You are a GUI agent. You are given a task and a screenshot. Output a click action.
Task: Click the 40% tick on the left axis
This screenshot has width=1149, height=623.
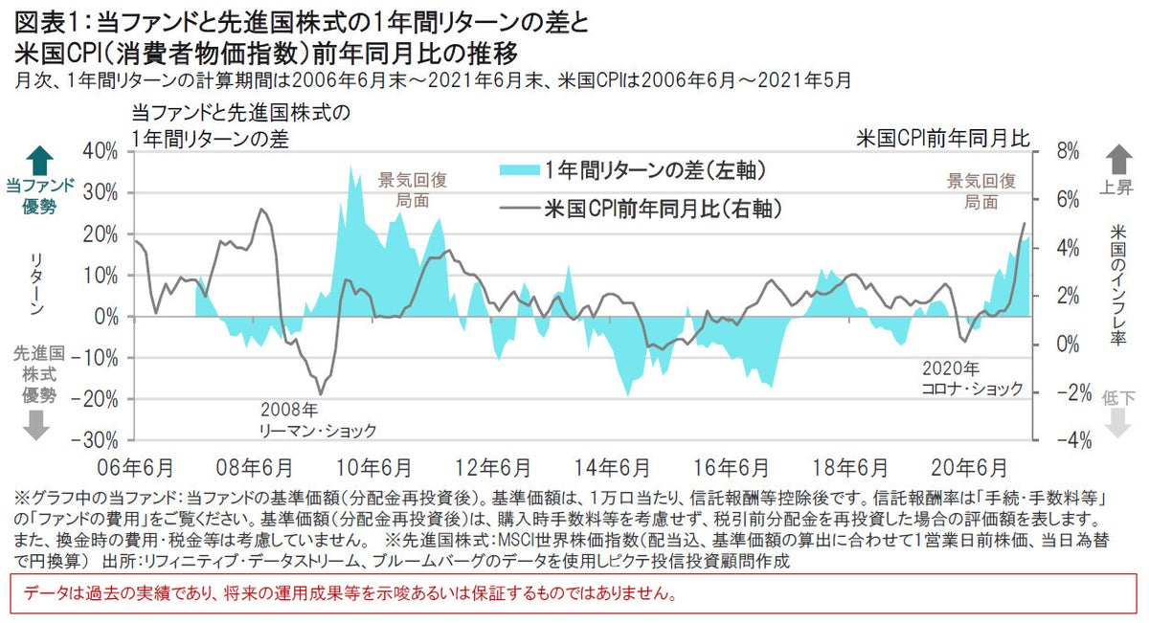(x=101, y=151)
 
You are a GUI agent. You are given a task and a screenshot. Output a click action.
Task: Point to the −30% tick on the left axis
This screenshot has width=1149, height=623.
(x=96, y=440)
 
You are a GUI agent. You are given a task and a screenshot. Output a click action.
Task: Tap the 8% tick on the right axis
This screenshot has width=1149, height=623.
(x=1068, y=151)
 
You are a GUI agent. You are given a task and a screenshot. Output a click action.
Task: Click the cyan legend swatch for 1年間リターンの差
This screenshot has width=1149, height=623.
(x=519, y=170)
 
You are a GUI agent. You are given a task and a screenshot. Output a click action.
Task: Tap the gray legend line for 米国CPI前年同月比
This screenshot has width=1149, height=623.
(x=519, y=207)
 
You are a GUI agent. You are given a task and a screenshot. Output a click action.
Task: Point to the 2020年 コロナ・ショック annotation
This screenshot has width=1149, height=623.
(x=972, y=379)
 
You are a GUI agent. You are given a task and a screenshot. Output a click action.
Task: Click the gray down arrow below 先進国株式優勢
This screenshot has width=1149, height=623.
(x=35, y=425)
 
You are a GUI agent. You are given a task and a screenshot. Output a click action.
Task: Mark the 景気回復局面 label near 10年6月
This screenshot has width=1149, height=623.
(x=413, y=190)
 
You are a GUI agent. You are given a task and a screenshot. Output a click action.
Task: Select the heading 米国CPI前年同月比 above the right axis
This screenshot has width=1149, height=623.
(x=942, y=138)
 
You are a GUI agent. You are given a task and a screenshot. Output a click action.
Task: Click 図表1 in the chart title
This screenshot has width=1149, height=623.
(x=47, y=18)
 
